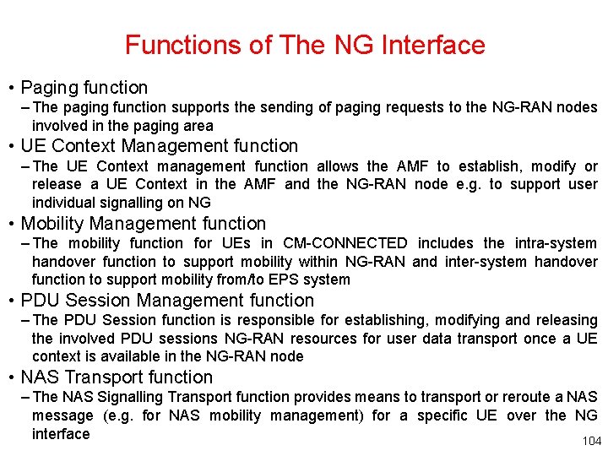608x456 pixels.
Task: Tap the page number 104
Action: (592, 441)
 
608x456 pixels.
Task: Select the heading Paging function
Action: (84, 87)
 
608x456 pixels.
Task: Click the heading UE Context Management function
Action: (160, 146)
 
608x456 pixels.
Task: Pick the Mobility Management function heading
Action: (143, 223)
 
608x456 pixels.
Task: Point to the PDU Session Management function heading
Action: (167, 300)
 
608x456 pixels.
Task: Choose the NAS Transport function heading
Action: (117, 377)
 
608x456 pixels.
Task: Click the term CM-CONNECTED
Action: (346, 243)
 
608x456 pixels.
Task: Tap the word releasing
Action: (565, 320)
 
